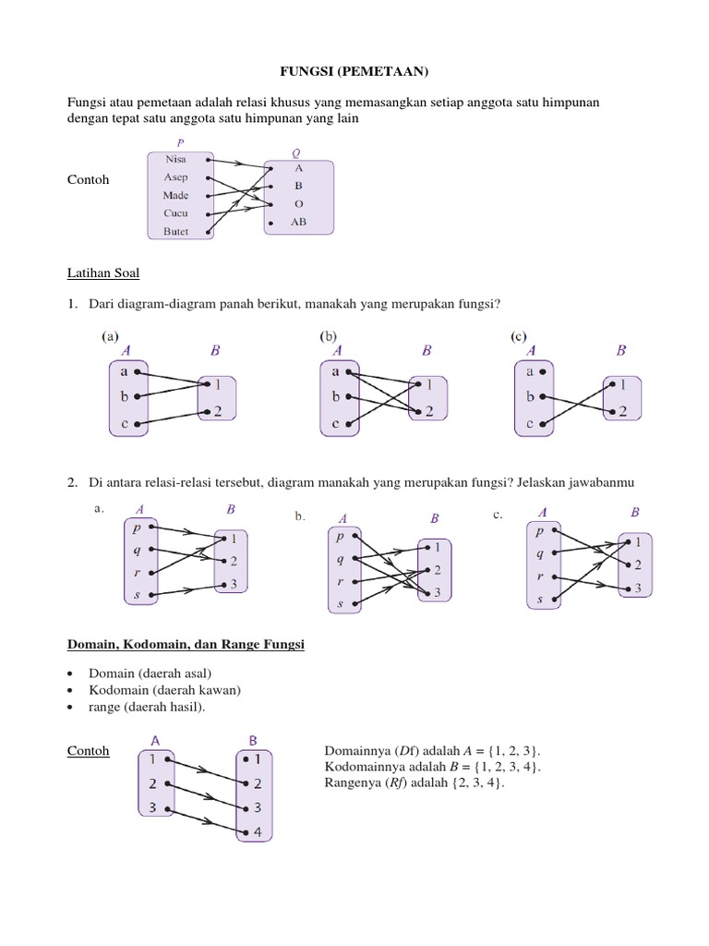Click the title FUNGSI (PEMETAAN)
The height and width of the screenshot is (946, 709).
[x=355, y=70]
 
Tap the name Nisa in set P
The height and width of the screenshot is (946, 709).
[x=175, y=159]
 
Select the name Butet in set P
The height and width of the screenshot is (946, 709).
[x=175, y=231]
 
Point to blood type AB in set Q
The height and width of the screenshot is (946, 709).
[x=298, y=223]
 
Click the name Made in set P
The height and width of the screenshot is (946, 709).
[x=175, y=195]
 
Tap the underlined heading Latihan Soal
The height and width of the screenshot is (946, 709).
[x=103, y=273]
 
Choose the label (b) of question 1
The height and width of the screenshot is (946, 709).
[x=327, y=337]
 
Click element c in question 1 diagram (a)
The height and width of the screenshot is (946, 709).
[x=124, y=424]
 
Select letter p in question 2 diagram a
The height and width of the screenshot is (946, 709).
[x=137, y=528]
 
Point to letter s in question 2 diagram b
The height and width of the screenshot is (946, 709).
[x=341, y=603]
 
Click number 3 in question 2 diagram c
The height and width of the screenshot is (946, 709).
[x=638, y=588]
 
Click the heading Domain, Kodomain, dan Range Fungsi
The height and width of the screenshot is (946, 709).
[x=186, y=645]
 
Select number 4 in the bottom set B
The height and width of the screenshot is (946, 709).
[x=258, y=831]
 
